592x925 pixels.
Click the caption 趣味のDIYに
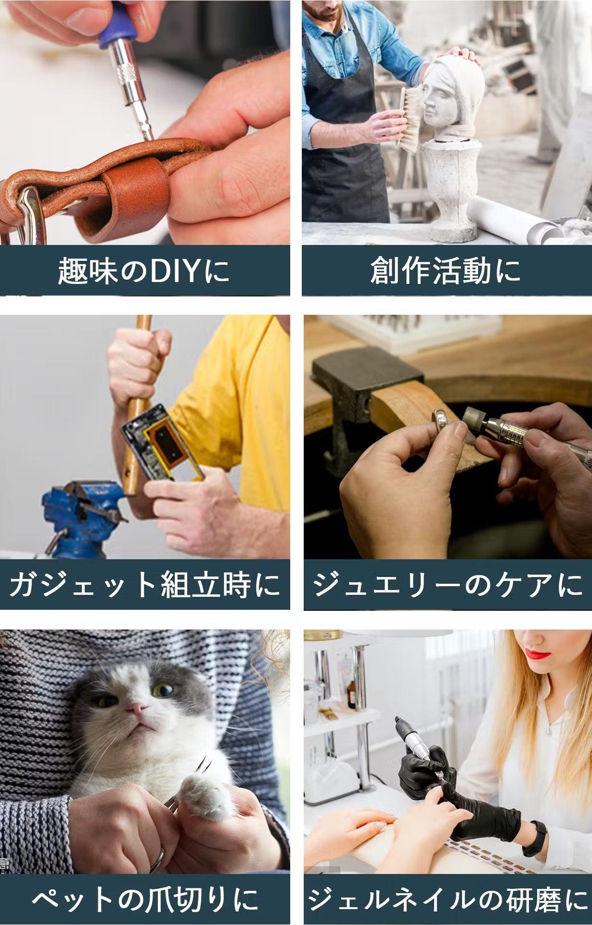click(143, 270)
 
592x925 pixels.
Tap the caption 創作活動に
click(445, 270)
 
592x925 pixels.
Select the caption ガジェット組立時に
click(144, 585)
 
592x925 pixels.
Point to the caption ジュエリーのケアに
click(447, 585)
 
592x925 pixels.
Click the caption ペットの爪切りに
click(145, 899)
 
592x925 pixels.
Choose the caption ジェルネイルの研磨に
click(448, 899)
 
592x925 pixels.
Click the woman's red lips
click(537, 654)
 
